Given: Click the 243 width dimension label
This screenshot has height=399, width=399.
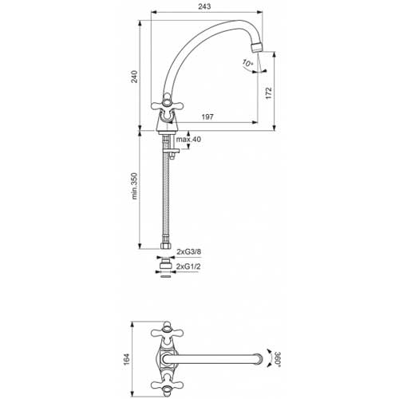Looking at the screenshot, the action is click(x=204, y=6).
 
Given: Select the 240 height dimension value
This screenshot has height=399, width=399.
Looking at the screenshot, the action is click(x=135, y=77).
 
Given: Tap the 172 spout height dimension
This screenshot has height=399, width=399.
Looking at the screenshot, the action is click(x=269, y=93).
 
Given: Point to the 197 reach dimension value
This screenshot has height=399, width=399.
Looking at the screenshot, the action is click(x=207, y=117).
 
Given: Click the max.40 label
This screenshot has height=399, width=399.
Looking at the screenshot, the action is click(x=188, y=139).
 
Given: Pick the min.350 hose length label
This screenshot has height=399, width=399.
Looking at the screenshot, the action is click(x=135, y=186).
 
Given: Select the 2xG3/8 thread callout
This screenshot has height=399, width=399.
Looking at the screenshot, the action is click(x=189, y=251).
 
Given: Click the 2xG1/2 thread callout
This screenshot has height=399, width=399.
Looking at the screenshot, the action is click(x=188, y=267).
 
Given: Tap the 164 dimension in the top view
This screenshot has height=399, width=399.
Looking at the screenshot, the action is click(x=126, y=359).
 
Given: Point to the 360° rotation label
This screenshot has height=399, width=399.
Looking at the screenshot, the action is click(x=279, y=358).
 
